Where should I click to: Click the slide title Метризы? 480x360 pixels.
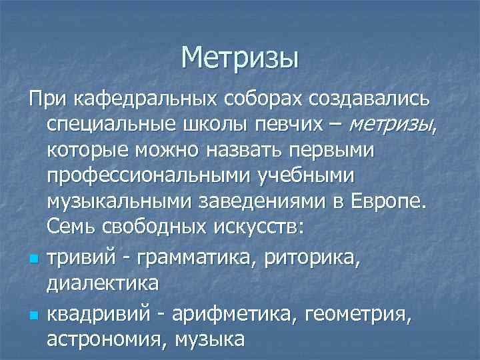[x=239, y=57]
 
